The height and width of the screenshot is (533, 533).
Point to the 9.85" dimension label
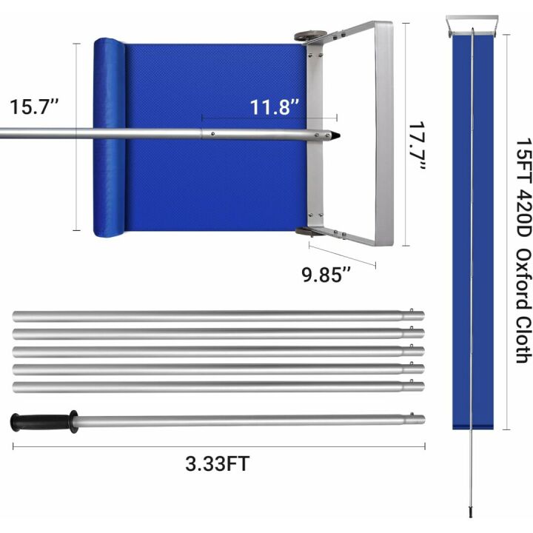click(326, 275)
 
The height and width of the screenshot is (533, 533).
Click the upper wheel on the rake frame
click(309, 36)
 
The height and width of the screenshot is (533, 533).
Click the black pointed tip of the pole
click(336, 136)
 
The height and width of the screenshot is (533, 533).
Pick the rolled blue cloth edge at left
click(108, 138)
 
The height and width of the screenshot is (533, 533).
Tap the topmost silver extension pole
click(215, 315)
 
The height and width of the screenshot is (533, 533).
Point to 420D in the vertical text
click(523, 215)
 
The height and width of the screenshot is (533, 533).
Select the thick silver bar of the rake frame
click(383, 133)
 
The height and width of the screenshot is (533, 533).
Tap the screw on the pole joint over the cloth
click(212, 135)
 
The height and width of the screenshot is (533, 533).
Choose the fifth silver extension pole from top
click(215, 386)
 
